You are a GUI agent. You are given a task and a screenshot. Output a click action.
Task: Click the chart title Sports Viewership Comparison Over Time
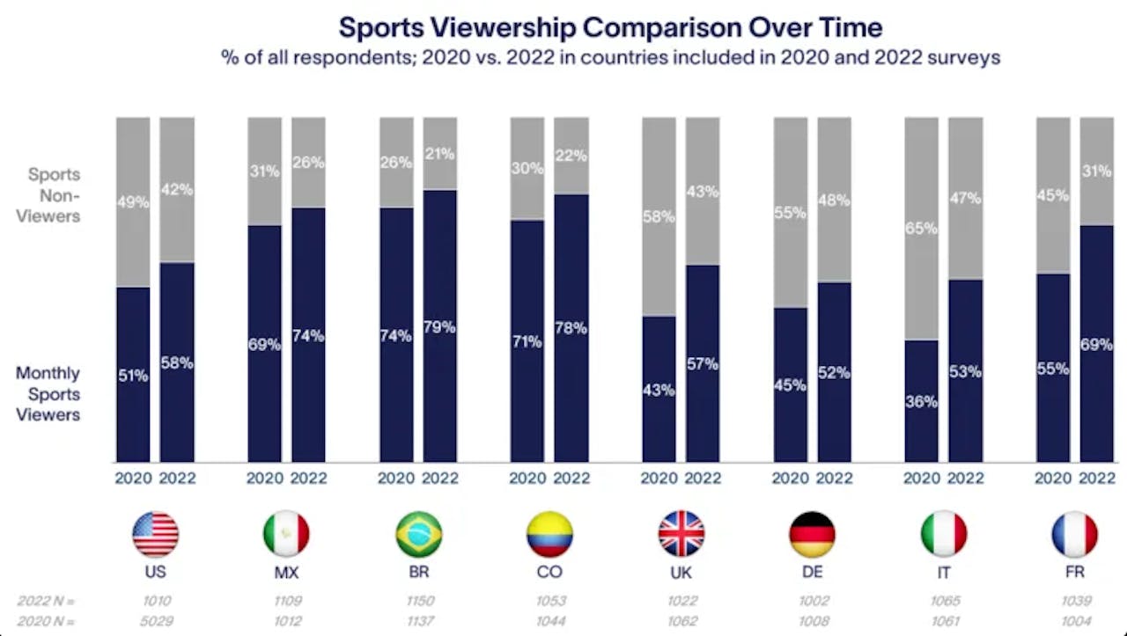pos(610,26)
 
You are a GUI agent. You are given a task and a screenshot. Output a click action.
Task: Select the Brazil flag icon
pos(419,534)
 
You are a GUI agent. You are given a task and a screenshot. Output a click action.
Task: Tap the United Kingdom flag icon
pos(681,534)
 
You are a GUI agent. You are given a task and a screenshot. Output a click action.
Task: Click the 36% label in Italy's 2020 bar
pos(922,401)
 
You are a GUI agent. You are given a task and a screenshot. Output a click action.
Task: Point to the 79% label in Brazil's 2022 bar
pos(440,327)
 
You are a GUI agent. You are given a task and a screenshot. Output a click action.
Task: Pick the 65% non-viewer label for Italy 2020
pos(922,229)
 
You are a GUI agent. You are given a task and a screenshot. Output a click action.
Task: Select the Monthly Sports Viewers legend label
pos(48,393)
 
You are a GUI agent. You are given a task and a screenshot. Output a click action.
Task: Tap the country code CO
pos(549,572)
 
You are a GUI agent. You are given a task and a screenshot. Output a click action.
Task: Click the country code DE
pos(812,572)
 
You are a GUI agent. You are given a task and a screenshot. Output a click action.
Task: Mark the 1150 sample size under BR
pos(418,601)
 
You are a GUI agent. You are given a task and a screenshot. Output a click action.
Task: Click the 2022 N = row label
pos(46,601)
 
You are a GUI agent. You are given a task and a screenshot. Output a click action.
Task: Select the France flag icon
pos(1074,534)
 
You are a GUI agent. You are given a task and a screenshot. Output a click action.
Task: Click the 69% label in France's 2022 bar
pos(1097,345)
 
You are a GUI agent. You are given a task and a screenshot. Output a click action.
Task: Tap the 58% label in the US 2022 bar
pos(177,362)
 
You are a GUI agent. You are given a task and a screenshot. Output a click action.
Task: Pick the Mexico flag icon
pos(286,534)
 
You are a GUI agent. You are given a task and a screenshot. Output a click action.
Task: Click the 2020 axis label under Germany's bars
pos(790,479)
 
